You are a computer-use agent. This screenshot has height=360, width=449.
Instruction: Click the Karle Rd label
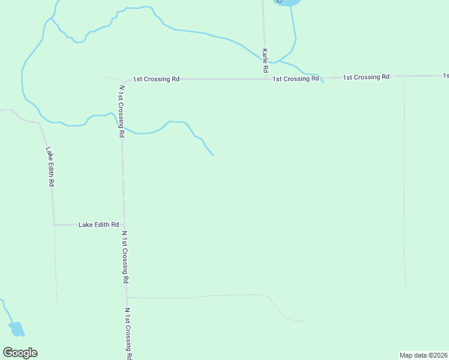(x=265, y=62)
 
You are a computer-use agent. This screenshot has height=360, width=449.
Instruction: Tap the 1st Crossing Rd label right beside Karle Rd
(x=295, y=79)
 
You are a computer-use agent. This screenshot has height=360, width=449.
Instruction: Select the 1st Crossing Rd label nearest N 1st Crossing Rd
(x=156, y=79)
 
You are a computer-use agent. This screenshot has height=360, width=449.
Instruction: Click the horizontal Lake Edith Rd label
(x=98, y=224)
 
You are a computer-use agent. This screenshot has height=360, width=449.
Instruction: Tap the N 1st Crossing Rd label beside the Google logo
(x=128, y=334)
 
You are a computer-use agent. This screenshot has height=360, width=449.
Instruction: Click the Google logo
(x=20, y=353)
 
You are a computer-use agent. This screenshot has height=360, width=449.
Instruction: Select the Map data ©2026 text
(x=424, y=355)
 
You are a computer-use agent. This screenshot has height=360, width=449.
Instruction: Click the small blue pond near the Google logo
(x=17, y=329)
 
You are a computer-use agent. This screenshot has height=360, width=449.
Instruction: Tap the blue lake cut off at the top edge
(x=287, y=2)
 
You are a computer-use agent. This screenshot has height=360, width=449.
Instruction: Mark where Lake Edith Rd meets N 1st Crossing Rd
(x=124, y=224)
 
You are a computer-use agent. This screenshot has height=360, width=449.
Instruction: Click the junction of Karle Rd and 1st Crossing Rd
(x=266, y=79)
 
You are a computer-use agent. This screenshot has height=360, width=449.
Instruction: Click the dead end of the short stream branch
(x=212, y=155)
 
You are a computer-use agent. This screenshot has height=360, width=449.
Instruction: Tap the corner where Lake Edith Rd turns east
(x=55, y=224)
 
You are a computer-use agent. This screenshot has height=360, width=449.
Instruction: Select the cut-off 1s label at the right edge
(x=446, y=76)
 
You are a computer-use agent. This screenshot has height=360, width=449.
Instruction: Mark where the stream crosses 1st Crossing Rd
(x=321, y=78)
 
